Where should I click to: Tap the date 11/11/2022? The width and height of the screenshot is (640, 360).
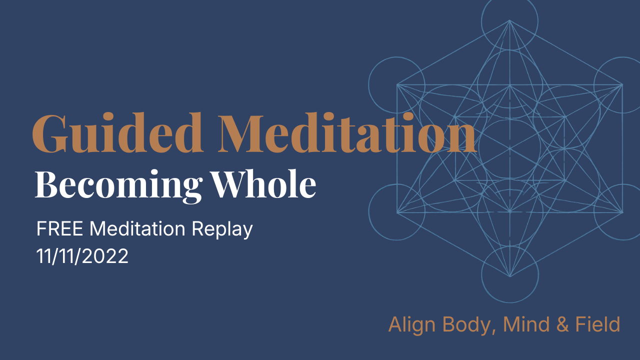82,256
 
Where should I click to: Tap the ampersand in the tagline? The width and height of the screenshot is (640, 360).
563,324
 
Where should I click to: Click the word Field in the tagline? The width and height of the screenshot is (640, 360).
598,324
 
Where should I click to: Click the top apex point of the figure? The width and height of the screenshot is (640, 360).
509,20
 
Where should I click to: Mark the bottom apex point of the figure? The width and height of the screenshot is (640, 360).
509,276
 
